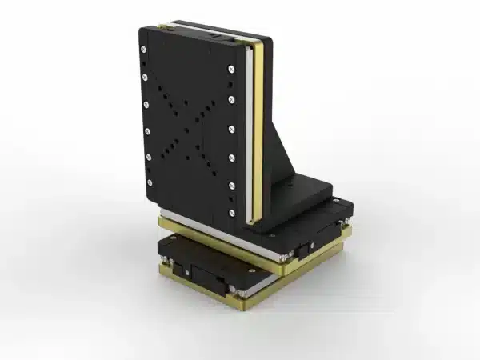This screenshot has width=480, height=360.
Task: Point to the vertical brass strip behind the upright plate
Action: click(258, 128)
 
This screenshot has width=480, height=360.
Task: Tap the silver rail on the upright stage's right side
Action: click(250, 136)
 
